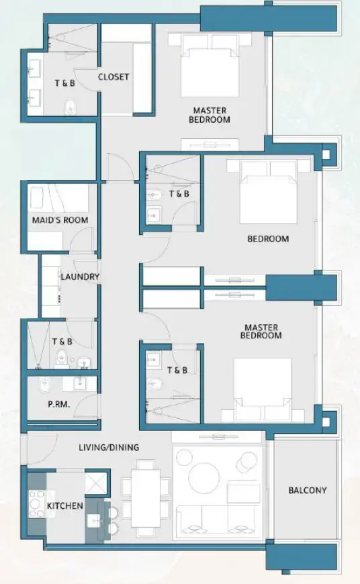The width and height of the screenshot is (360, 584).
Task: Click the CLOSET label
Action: point(114,77)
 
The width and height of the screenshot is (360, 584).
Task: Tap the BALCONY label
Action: point(308,490)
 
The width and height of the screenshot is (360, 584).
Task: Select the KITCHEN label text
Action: point(64,505)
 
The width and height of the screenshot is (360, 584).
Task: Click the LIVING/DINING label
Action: point(108,448)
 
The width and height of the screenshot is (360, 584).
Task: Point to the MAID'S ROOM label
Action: point(60,220)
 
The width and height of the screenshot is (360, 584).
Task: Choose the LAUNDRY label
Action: point(80,277)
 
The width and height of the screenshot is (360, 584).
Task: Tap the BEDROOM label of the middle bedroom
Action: point(268,238)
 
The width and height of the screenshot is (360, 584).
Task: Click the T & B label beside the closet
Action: point(66,84)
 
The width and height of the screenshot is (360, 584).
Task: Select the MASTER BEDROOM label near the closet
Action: point(211,115)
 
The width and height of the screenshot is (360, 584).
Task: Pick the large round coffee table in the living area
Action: point(204,478)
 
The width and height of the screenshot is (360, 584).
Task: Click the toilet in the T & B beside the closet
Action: point(67,107)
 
